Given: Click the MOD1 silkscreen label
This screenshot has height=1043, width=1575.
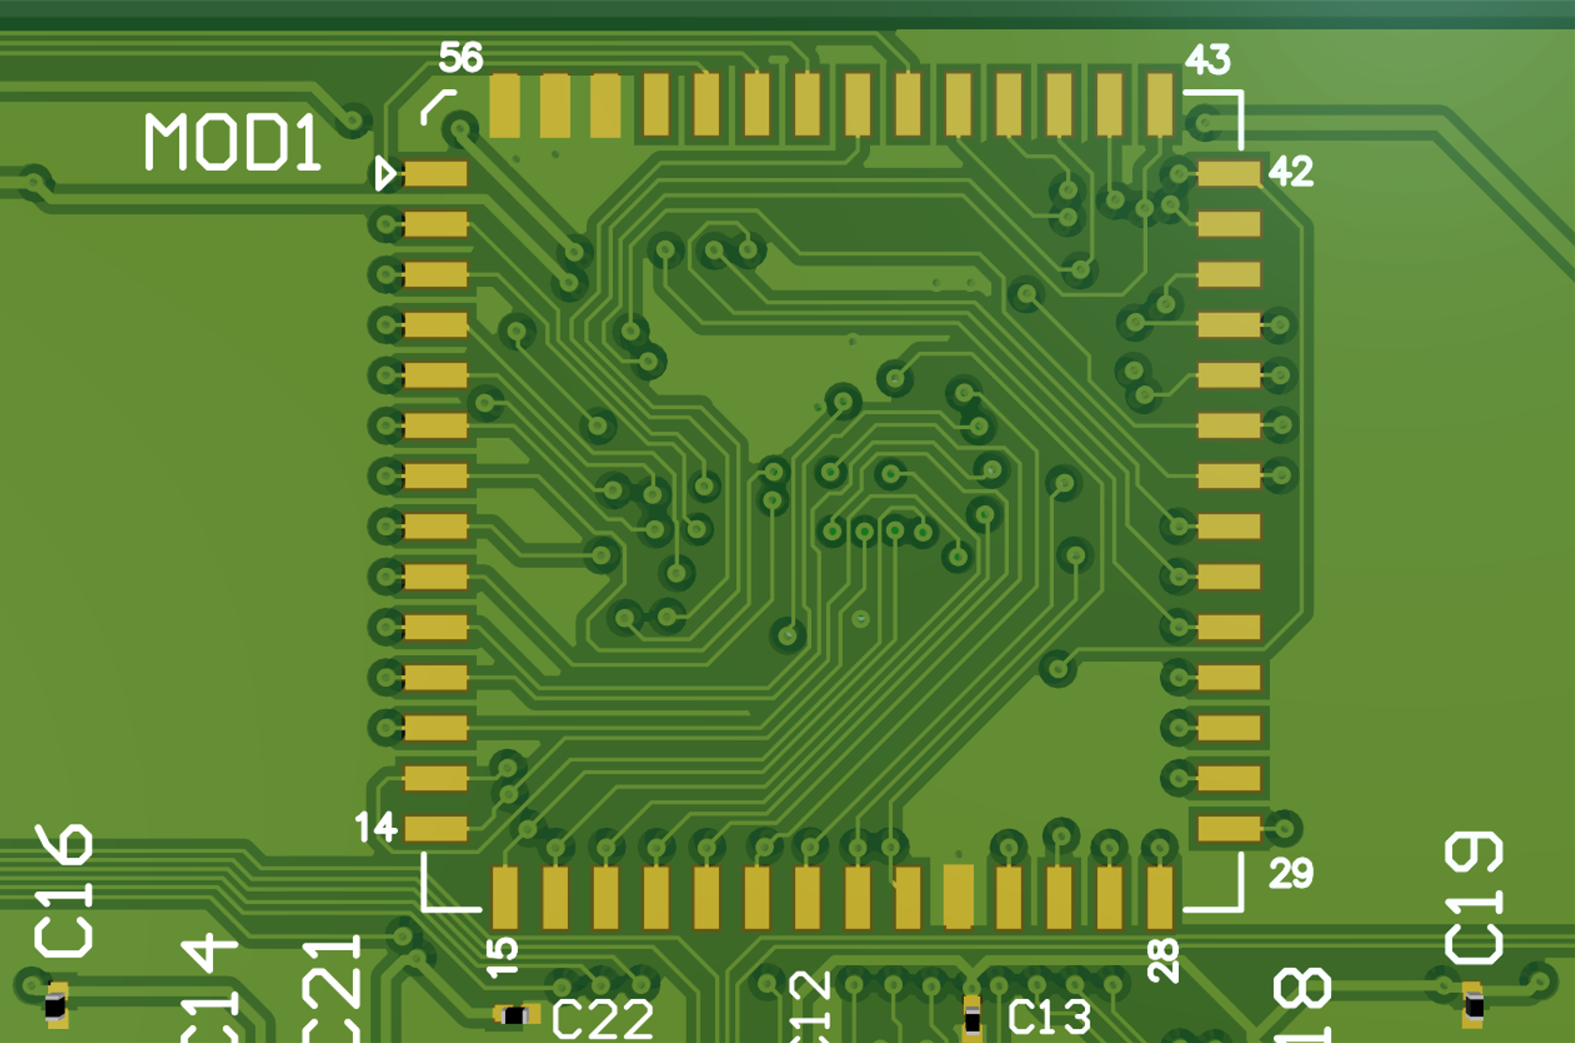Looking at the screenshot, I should pos(232,143).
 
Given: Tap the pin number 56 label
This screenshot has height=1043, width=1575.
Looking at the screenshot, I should pos(460,58).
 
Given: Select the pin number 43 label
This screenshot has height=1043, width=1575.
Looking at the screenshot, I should pos(1207,60).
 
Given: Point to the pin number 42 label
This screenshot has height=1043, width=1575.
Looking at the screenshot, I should pos(1291,172).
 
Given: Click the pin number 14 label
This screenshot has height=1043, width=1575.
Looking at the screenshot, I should pos(375,827).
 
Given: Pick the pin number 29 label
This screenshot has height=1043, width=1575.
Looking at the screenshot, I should pos(1291,874).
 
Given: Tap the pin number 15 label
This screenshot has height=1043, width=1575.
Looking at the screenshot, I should pos(502,956).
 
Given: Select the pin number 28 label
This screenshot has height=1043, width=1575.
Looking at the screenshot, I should pos(1163,961).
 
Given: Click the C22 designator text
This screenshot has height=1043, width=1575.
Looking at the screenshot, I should pos(602,1020).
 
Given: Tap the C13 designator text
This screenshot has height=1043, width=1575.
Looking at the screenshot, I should pos(1048,1017).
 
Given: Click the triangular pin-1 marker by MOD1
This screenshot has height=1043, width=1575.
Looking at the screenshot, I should pos(384,174).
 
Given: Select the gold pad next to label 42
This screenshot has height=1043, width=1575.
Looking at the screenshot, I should pos(1229,174).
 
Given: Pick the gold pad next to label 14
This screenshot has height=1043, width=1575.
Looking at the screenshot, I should pos(436,828).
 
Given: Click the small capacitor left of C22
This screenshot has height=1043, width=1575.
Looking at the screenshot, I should pos(515,1015).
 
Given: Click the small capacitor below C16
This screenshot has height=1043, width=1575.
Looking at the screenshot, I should pos(56,1005).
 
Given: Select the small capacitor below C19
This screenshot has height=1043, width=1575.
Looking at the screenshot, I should pos(1474,1005).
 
